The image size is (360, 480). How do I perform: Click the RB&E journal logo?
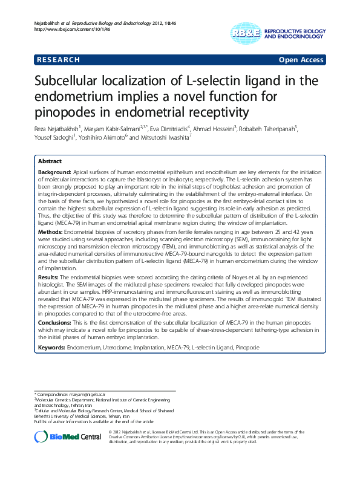click(242, 33)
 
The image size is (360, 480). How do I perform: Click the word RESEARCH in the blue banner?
click(59, 59)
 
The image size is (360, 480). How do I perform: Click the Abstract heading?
click(50, 162)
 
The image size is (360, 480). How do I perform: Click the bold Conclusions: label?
click(55, 323)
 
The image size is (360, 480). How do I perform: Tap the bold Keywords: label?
click(53, 348)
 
